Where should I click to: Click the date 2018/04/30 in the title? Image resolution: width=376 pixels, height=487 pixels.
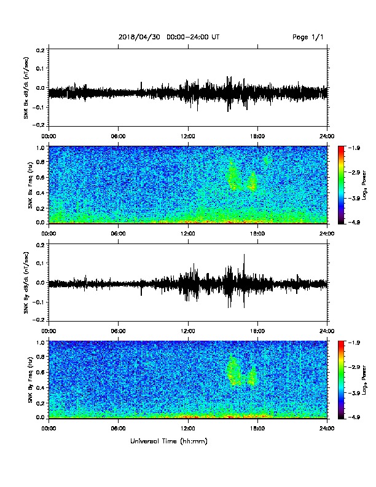pyautogui.click(x=139, y=37)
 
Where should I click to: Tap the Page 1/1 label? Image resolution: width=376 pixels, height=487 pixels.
pyautogui.click(x=308, y=37)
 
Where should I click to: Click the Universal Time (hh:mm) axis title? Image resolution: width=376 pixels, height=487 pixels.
pyautogui.click(x=169, y=441)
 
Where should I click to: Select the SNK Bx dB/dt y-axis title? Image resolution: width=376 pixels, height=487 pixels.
pyautogui.click(x=26, y=87)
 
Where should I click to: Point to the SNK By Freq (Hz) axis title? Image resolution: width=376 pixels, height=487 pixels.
pyautogui.click(x=30, y=380)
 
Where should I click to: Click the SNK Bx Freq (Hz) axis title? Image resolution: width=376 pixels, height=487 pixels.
pyautogui.click(x=30, y=185)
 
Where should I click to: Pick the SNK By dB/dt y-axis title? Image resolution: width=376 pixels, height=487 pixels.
pyautogui.click(x=26, y=283)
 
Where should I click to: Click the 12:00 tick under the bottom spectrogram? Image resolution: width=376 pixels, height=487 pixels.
pyautogui.click(x=188, y=429)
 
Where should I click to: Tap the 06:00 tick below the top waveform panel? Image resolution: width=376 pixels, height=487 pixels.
pyautogui.click(x=118, y=136)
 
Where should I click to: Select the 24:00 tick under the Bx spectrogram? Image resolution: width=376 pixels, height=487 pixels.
pyautogui.click(x=327, y=233)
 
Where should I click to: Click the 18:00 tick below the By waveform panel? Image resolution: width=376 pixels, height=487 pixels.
pyautogui.click(x=257, y=331)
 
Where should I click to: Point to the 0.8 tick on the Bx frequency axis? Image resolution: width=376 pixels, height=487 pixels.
pyautogui.click(x=41, y=162)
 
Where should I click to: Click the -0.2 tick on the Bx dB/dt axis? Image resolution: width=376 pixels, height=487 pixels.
pyautogui.click(x=39, y=125)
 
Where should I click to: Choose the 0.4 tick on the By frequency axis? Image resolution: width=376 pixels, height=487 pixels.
pyautogui.click(x=41, y=387)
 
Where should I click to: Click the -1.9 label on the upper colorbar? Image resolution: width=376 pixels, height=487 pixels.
pyautogui.click(x=354, y=148)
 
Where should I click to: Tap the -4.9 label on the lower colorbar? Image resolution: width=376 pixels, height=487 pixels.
pyautogui.click(x=354, y=417)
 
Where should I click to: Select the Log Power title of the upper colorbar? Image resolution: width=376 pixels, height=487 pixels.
pyautogui.click(x=364, y=185)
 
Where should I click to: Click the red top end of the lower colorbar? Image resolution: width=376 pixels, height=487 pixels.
pyautogui.click(x=341, y=342)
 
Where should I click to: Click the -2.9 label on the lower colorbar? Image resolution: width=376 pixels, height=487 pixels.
pyautogui.click(x=354, y=367)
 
